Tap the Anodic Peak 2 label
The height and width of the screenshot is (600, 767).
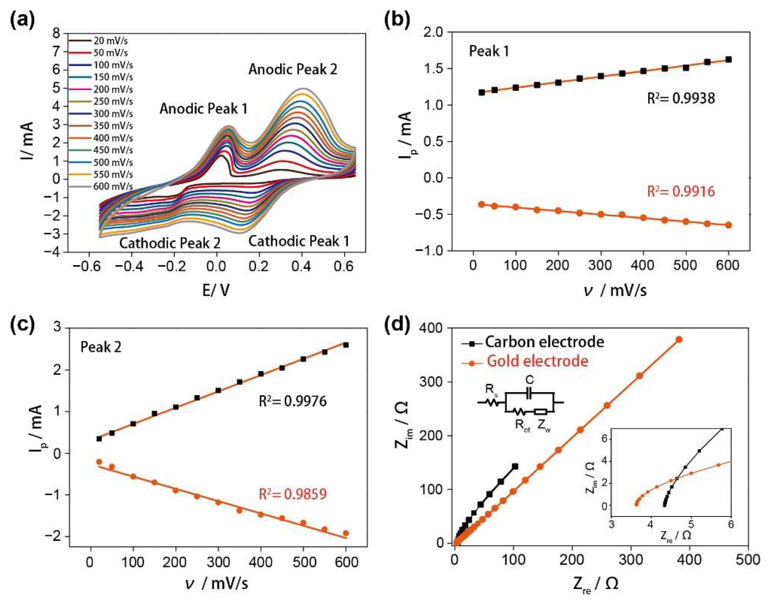[293, 69]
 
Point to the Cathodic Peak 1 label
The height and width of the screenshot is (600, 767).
[299, 241]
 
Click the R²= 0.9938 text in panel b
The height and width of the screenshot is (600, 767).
[681, 98]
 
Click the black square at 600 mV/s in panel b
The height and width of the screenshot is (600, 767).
[728, 59]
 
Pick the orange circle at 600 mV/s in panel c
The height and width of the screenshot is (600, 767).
[346, 533]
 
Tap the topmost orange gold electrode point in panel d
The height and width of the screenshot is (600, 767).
[679, 340]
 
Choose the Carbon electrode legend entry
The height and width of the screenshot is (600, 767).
[544, 342]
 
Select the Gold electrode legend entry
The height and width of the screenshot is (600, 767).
[537, 361]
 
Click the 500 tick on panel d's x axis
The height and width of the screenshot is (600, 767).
[748, 560]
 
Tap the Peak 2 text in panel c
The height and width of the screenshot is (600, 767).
[101, 347]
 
